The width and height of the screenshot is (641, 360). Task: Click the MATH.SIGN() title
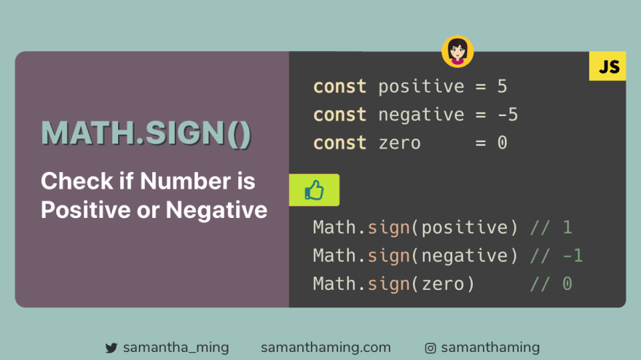pyautogui.click(x=146, y=133)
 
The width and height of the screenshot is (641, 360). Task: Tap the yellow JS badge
pyautogui.click(x=607, y=66)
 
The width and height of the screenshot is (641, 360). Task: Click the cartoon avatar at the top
pyautogui.click(x=457, y=51)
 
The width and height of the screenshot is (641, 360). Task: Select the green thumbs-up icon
pyautogui.click(x=314, y=190)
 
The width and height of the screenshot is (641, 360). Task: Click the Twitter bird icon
pyautogui.click(x=111, y=348)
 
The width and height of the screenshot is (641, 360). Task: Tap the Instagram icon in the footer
pyautogui.click(x=430, y=348)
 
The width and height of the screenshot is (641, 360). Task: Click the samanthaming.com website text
pyautogui.click(x=326, y=348)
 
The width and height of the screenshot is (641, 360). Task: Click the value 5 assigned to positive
pyautogui.click(x=502, y=87)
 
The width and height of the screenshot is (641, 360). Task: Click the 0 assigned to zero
pyautogui.click(x=502, y=143)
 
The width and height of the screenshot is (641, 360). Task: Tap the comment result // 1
pyautogui.click(x=551, y=227)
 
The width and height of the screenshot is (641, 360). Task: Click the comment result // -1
pyautogui.click(x=557, y=256)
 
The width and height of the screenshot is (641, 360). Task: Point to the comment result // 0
pyautogui.click(x=551, y=283)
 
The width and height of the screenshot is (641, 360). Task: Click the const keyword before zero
pyautogui.click(x=339, y=143)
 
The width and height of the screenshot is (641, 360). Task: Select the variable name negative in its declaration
pyautogui.click(x=421, y=115)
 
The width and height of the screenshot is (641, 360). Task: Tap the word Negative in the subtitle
pyautogui.click(x=217, y=211)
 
